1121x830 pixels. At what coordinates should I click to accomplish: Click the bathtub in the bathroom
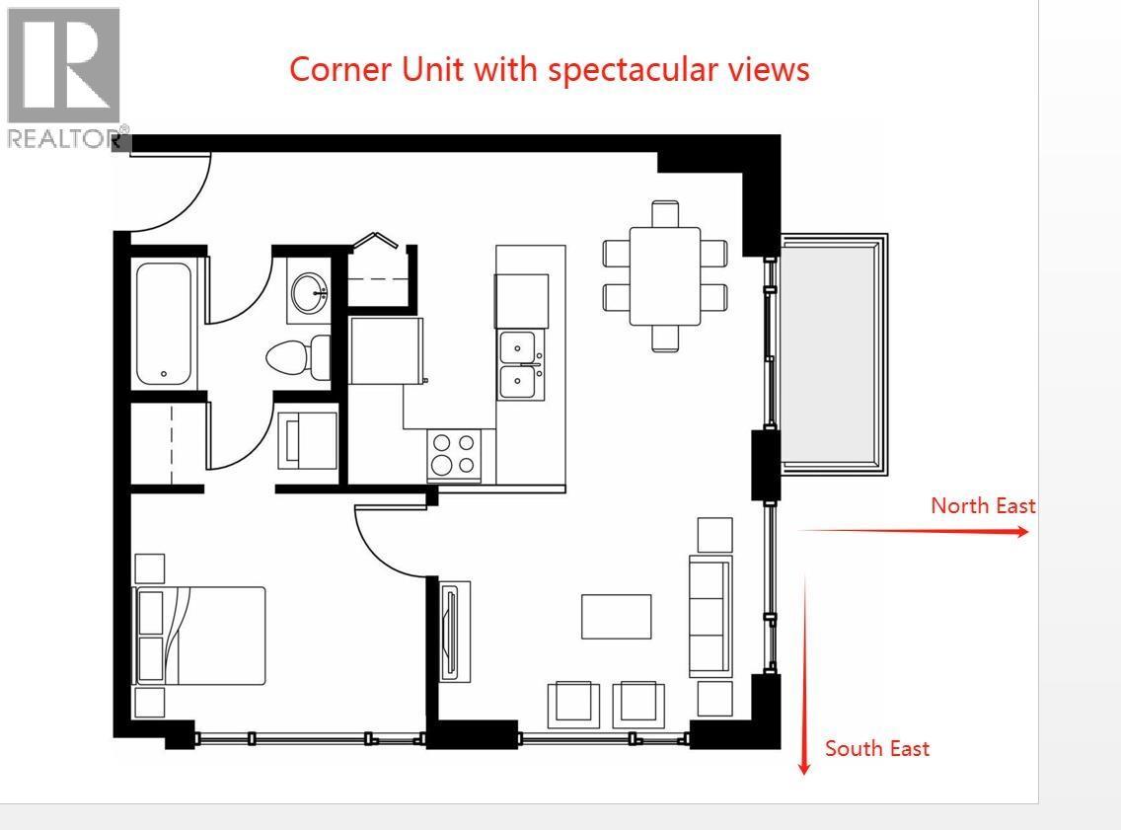pyautogui.click(x=166, y=324)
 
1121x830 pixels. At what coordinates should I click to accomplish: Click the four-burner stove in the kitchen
pyautogui.click(x=453, y=454)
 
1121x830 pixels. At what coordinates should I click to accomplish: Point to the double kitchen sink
pyautogui.click(x=521, y=365)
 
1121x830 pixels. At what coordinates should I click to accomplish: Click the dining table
pyautogui.click(x=665, y=275)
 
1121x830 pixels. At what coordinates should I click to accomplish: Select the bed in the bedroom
pyautogui.click(x=203, y=636)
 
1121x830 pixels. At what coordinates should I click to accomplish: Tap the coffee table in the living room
pyautogui.click(x=616, y=616)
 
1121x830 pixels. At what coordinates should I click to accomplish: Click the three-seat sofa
pyautogui.click(x=710, y=616)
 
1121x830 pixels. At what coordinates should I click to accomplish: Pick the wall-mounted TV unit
pyautogui.click(x=453, y=631)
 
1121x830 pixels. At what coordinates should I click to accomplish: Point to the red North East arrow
pyautogui.click(x=913, y=531)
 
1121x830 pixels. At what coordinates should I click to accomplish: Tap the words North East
pyautogui.click(x=983, y=505)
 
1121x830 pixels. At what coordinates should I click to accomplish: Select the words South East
pyautogui.click(x=876, y=748)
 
